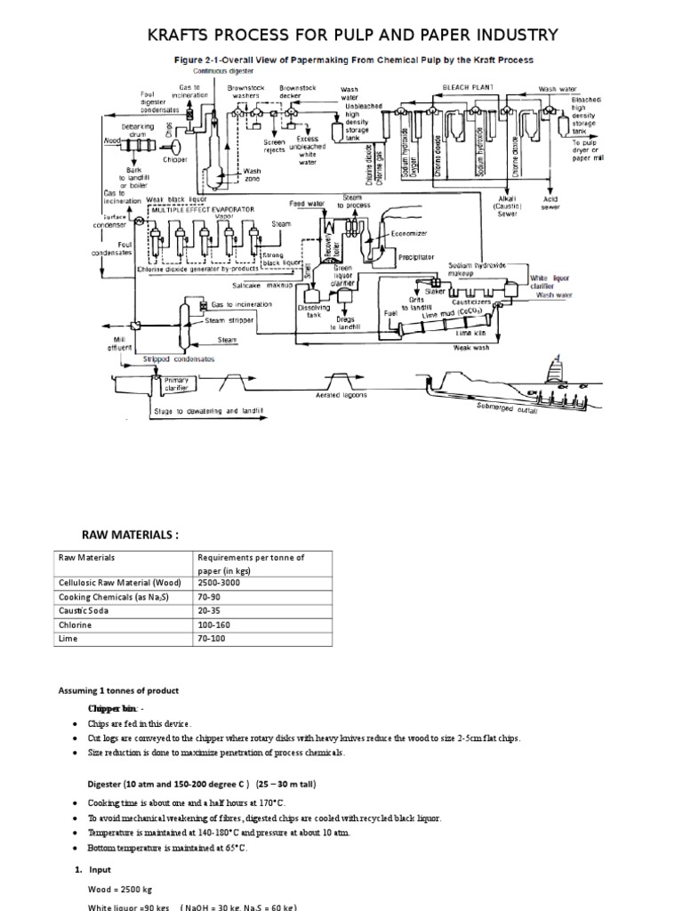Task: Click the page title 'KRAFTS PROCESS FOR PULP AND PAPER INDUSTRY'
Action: [x=352, y=35]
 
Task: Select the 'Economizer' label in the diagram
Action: [x=409, y=233]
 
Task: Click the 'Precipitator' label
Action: [x=416, y=256]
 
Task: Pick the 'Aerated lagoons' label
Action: [x=341, y=395]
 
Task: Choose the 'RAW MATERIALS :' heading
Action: [x=131, y=533]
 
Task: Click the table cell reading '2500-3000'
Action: [x=220, y=582]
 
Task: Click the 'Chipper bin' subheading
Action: [x=114, y=708]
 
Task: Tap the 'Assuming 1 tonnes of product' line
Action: [x=119, y=690]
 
